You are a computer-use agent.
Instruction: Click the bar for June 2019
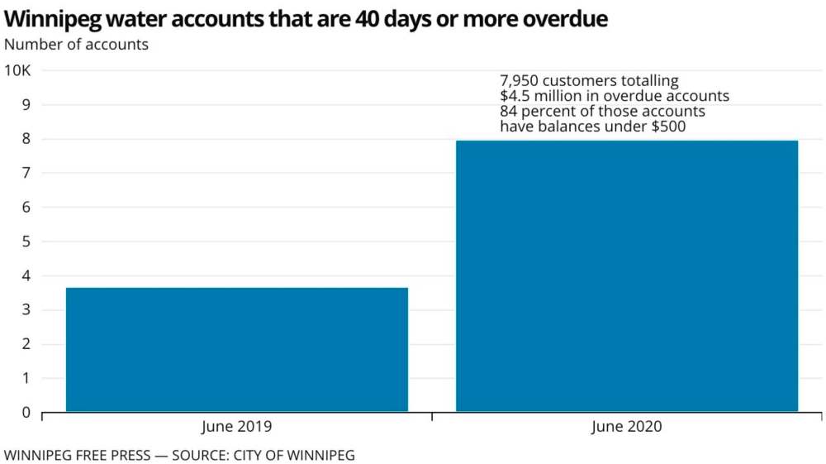point(236,349)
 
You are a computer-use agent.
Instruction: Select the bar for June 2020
point(627,275)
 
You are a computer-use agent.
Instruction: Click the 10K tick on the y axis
point(17,70)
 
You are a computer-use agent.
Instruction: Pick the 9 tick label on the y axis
point(26,105)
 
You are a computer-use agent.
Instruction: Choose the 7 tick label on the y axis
point(26,173)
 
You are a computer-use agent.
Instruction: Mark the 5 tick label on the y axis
point(26,242)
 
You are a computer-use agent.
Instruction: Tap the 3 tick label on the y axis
point(26,310)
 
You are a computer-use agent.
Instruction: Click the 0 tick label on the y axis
point(26,412)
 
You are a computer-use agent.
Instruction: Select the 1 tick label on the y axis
point(26,378)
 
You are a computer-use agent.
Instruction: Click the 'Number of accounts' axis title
point(76,45)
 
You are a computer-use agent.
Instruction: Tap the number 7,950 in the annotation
point(520,81)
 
